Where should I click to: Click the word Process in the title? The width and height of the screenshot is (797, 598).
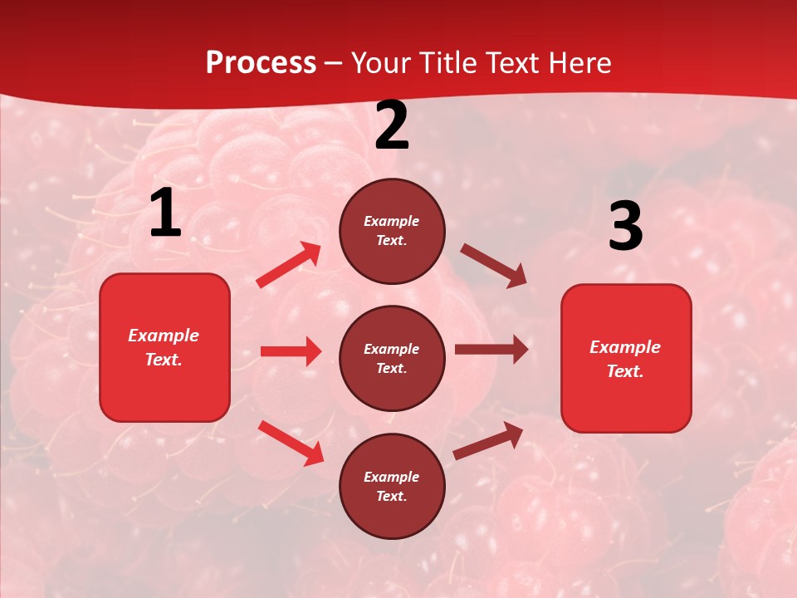[261, 63]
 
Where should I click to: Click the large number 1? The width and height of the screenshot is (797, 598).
[165, 213]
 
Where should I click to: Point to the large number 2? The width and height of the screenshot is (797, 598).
[392, 126]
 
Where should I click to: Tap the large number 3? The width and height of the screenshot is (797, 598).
[625, 228]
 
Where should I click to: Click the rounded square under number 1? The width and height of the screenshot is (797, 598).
[164, 347]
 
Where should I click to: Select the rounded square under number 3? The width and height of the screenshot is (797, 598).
[626, 358]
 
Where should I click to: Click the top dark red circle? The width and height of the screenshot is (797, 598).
[392, 231]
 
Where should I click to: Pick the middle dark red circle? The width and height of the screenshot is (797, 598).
[392, 358]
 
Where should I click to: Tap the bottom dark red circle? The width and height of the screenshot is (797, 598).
[392, 486]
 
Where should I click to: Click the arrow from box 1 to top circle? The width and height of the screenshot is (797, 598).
[289, 265]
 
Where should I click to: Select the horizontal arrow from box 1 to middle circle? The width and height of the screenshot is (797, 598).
[291, 351]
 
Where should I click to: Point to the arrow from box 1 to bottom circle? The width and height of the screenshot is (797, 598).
[291, 443]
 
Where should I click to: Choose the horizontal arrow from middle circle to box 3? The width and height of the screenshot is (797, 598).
[491, 350]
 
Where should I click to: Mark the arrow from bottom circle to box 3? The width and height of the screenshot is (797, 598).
[488, 441]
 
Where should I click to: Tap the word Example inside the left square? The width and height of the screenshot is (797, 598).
[164, 336]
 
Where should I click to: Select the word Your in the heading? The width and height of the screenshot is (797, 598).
[381, 63]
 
